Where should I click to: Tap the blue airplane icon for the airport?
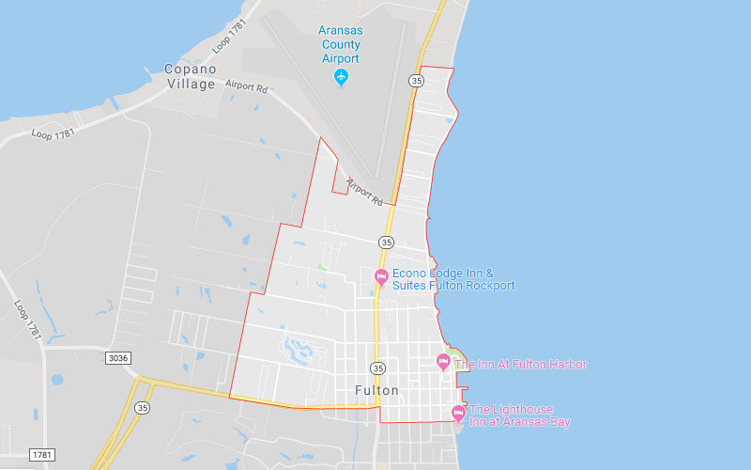coord(342,77)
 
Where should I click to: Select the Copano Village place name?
coord(190,76)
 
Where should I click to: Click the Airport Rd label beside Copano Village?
coord(247,85)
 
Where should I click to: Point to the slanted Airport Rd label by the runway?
coord(363,191)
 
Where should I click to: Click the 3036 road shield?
coord(118,357)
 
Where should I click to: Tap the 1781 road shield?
coord(41,455)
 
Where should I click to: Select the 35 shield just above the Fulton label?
coord(377,368)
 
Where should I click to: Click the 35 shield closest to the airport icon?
coord(416,81)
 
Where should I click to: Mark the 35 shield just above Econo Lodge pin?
coord(386,242)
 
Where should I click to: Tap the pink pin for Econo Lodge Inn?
coord(381,276)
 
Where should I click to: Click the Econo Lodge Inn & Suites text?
coord(453,279)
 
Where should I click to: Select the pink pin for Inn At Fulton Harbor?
coord(444,362)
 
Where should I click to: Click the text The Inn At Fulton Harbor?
coord(521,364)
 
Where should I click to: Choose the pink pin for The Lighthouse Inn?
coord(458,412)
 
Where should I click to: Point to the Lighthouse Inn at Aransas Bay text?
coord(519,415)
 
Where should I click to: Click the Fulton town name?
coord(376,390)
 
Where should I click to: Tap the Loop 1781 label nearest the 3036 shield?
coord(29,319)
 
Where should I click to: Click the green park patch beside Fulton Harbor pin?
coord(455,353)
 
